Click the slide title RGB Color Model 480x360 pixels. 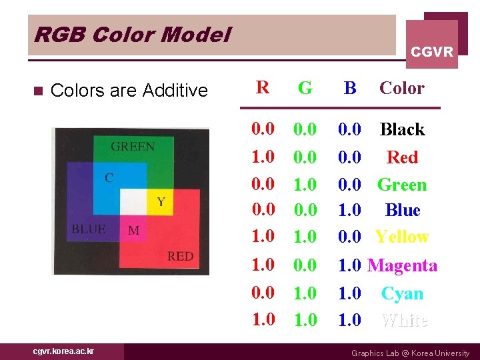pos(131,34)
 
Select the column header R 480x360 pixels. pos(263,88)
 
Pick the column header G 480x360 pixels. pos(305,88)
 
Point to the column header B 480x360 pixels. pos(350,88)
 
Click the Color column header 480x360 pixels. pos(401,88)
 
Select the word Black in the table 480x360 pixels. pos(402,129)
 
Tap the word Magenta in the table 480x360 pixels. pos(402,265)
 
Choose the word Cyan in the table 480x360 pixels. pos(402,293)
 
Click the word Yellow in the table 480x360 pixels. pos(402,237)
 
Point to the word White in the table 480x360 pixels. pos(404,320)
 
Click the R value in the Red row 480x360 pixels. pos(263,157)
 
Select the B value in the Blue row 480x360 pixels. pos(350,210)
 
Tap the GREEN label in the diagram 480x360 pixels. pos(133,147)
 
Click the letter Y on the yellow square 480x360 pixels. pos(161,201)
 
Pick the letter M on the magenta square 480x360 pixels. pos(134,231)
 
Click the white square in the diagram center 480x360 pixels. pos(133,201)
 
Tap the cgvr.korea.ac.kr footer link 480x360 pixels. pos(64,351)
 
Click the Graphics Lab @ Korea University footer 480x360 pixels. pos(410,353)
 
